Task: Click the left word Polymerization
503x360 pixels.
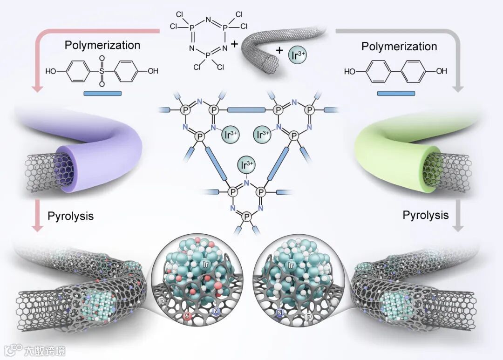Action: tap(102, 45)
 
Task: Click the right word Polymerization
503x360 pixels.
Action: tap(400, 47)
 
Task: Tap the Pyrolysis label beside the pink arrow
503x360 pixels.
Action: tap(70, 216)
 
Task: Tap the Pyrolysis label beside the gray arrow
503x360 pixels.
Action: tap(426, 215)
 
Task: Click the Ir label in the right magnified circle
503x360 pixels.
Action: tap(292, 266)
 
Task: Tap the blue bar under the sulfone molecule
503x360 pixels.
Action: tap(102, 93)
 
